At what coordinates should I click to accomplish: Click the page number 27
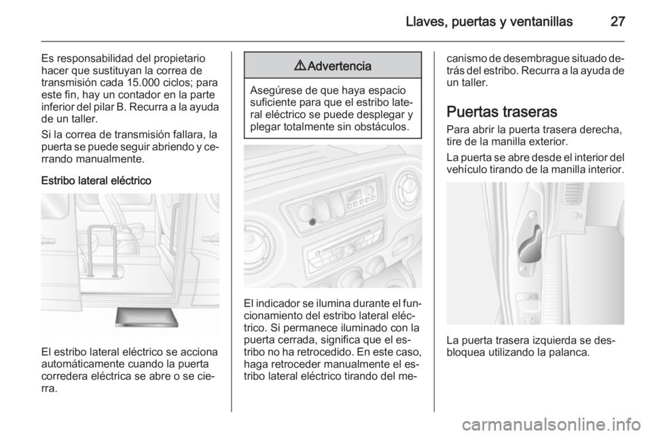click(x=617, y=22)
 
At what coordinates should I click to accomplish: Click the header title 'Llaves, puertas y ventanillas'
click(x=490, y=22)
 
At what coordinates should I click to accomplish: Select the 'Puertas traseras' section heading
click(x=502, y=112)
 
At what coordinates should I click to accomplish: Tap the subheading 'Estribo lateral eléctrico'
click(x=96, y=181)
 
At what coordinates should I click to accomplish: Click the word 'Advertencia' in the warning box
click(x=340, y=66)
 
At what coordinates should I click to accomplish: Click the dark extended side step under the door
click(x=147, y=318)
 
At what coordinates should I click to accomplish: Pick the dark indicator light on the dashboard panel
click(x=312, y=222)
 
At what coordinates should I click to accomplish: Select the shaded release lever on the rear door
click(x=530, y=246)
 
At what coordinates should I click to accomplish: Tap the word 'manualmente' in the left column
click(x=117, y=159)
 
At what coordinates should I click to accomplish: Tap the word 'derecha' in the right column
click(x=600, y=129)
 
